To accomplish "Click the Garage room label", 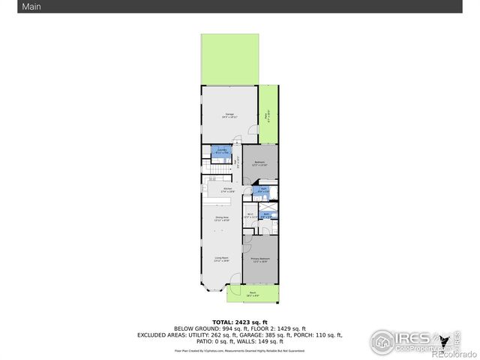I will pyautogui.click(x=229, y=115).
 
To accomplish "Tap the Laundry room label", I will pyautogui.click(x=222, y=152).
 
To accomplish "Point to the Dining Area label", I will pyautogui.click(x=221, y=219).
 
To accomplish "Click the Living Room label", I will pyautogui.click(x=220, y=259).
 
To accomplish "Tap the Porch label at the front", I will pyautogui.click(x=253, y=294).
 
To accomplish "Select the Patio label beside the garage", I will pyautogui.click(x=268, y=116).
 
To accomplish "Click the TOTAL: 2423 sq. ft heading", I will pyautogui.click(x=239, y=322).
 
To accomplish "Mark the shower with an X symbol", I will pyautogui.click(x=266, y=205).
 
